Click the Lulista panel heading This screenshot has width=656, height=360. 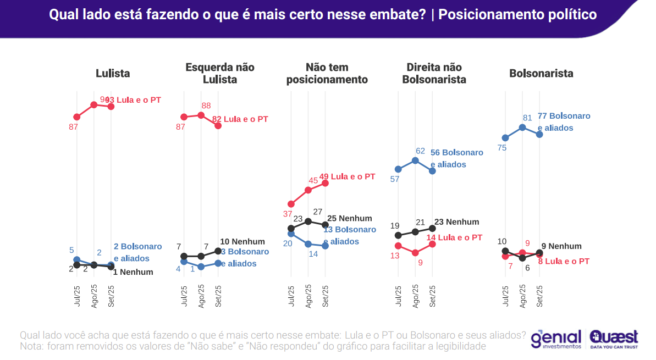(x=113, y=73)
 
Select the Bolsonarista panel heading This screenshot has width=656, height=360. (x=541, y=73)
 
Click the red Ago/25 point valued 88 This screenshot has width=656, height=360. (x=201, y=115)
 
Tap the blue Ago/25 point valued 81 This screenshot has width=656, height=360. (x=522, y=127)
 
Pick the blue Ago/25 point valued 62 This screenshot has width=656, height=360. (x=415, y=160)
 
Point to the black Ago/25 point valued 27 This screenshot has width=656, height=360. (x=308, y=221)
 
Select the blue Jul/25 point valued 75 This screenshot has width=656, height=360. (x=505, y=138)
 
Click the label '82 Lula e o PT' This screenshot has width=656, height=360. (x=240, y=119)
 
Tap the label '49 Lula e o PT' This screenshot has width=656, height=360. (x=347, y=177)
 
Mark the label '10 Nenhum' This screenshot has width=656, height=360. (x=242, y=241)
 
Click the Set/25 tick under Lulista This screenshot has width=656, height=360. (x=111, y=296)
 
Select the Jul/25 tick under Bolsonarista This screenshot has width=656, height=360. (x=505, y=296)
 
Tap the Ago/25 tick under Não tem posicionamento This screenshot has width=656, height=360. (x=308, y=296)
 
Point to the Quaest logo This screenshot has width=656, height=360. (x=614, y=339)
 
